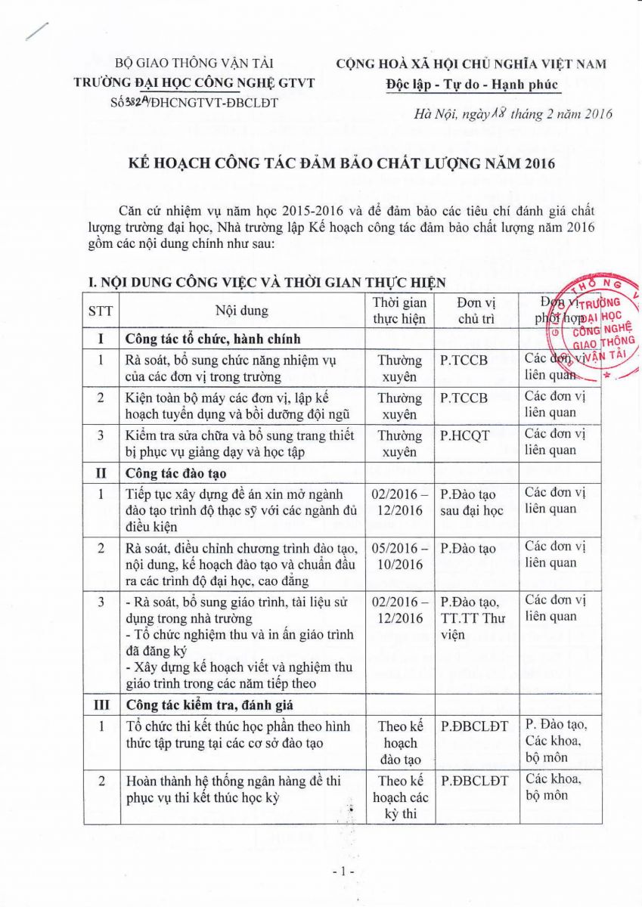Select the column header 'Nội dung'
tap(241, 310)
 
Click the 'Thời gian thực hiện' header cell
tap(399, 310)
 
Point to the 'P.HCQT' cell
tap(464, 434)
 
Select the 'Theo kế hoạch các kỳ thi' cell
tap(399, 797)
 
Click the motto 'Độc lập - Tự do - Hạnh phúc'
tap(471, 84)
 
